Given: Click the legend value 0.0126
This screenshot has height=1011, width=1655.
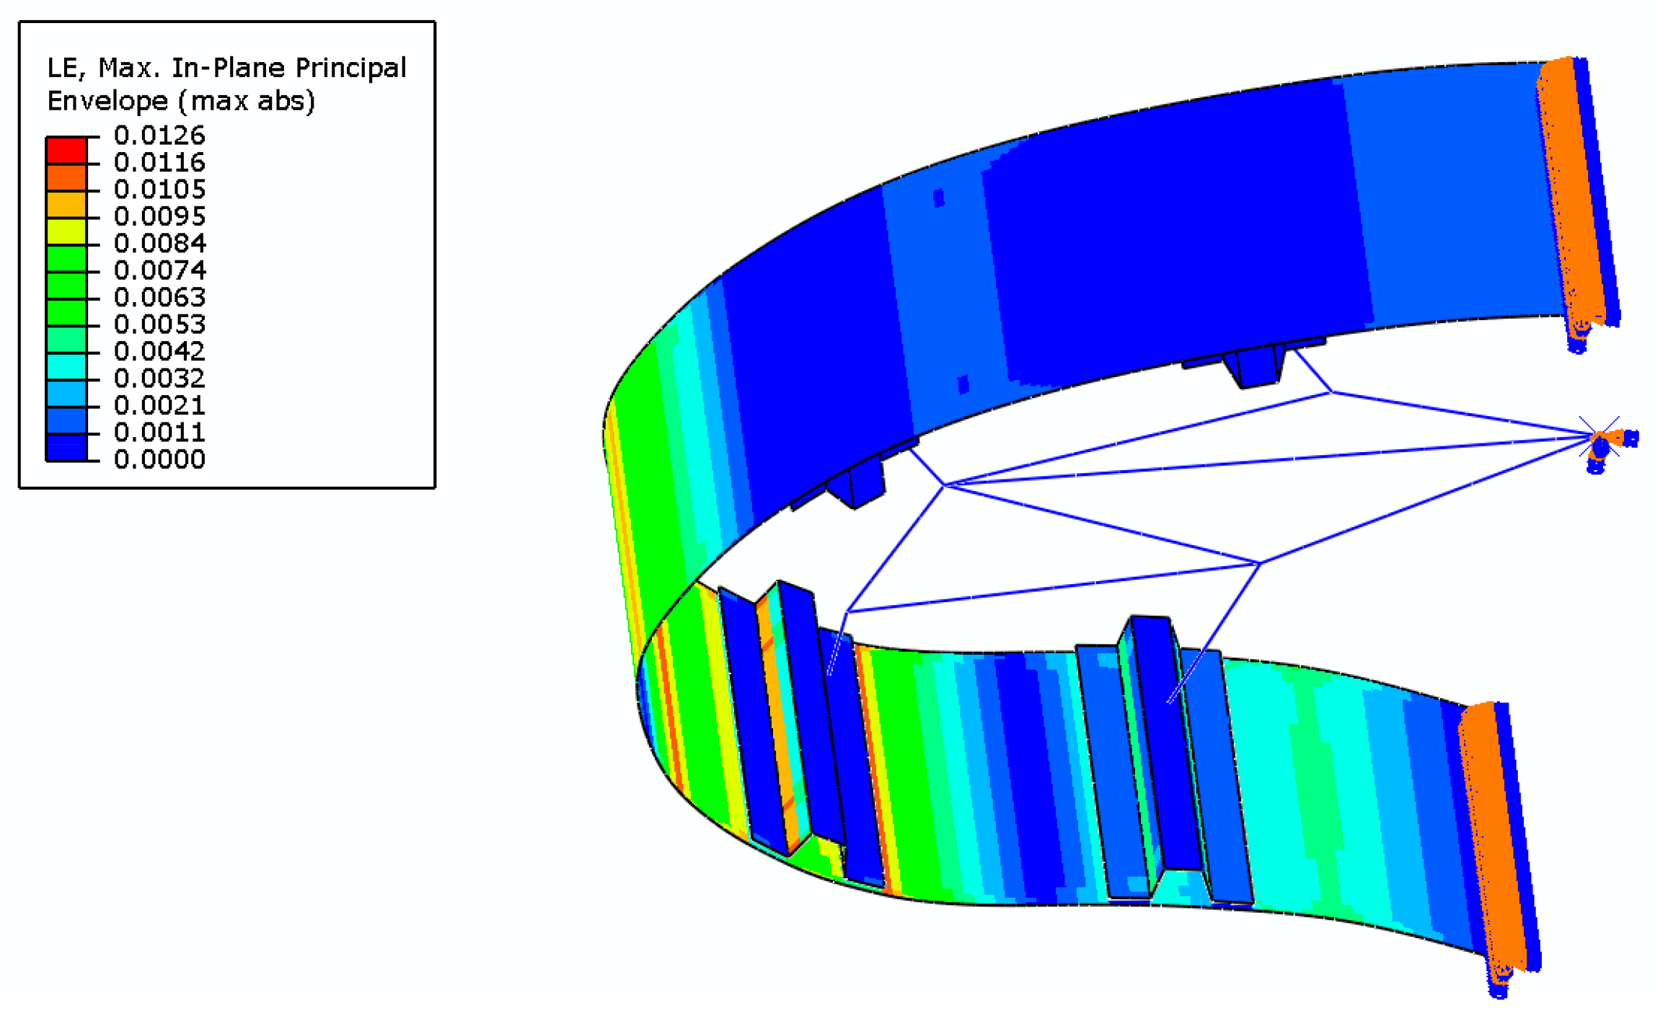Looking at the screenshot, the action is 159,135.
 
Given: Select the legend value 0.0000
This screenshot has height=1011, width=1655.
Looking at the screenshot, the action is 159,459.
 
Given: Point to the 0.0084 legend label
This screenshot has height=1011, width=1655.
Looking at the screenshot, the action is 159,243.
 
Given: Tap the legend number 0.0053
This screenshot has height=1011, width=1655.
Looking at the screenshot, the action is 159,324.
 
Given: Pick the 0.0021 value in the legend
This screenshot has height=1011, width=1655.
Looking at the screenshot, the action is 159,405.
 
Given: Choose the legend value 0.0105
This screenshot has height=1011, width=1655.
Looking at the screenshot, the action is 159,189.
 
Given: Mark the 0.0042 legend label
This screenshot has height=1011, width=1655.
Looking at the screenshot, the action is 159,351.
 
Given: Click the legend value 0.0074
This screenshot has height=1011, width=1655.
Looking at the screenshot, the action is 159,270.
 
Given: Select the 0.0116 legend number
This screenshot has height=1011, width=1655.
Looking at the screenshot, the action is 159,162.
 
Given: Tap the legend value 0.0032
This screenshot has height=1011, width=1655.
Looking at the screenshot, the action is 159,378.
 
